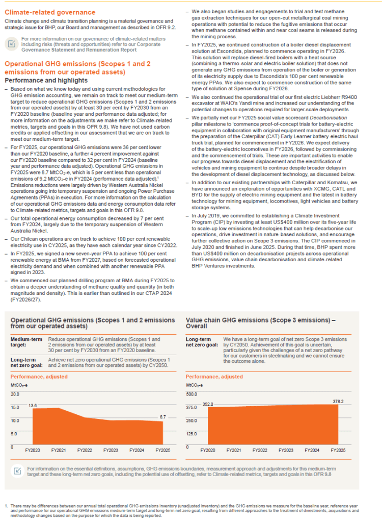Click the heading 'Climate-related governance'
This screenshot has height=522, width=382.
click(x=49, y=12)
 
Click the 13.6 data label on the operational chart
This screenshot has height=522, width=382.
click(x=33, y=405)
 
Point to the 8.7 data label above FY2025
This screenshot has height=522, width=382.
click(x=163, y=417)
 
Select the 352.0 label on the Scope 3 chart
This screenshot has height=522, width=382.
click(x=207, y=404)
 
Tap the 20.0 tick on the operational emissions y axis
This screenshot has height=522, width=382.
click(x=15, y=394)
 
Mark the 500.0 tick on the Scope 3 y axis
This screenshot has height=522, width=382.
click(x=192, y=394)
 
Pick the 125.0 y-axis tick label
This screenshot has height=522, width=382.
click(x=192, y=434)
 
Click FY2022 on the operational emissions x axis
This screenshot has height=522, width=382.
click(x=85, y=451)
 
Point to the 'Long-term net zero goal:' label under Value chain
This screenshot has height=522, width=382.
click(x=201, y=342)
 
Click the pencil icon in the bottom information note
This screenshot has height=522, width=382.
click(x=17, y=470)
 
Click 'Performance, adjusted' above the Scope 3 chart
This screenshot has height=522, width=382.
click(x=214, y=377)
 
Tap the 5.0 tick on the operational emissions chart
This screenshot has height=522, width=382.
click(x=15, y=434)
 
